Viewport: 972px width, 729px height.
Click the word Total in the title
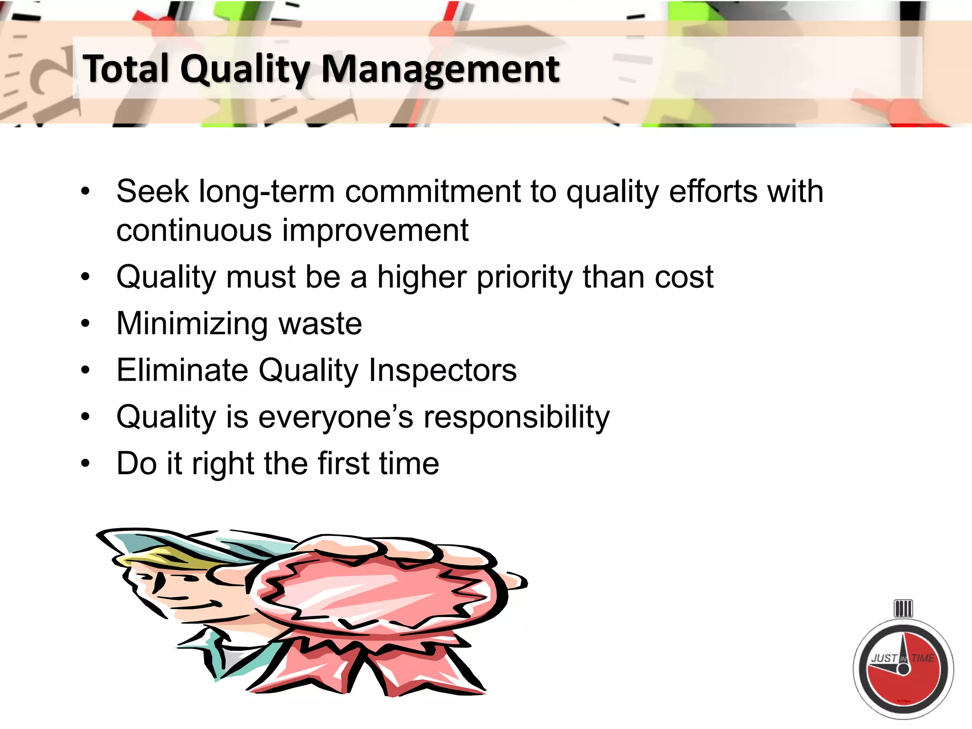(126, 69)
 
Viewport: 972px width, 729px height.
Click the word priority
(525, 277)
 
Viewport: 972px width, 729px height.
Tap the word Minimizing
(192, 324)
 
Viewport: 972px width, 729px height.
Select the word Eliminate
(182, 370)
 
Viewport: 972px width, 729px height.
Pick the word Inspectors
(442, 370)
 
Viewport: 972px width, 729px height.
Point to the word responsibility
(516, 417)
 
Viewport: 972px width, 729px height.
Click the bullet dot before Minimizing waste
(85, 324)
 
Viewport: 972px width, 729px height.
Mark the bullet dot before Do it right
(85, 463)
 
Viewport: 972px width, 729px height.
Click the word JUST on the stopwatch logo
(884, 658)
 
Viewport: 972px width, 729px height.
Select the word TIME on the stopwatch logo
(923, 658)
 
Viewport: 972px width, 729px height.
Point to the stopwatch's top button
(903, 608)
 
